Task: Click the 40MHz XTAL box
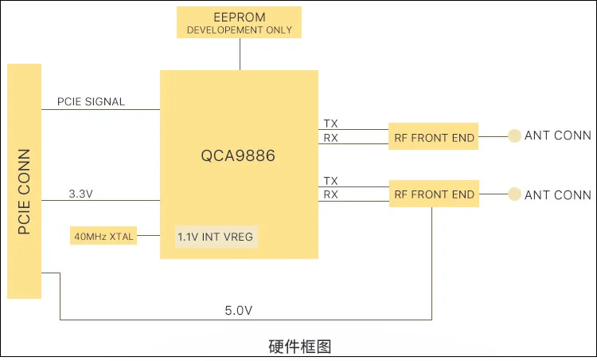click(x=103, y=237)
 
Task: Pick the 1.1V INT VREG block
click(x=217, y=237)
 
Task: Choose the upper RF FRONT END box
click(x=434, y=137)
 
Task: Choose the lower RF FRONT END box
click(x=434, y=194)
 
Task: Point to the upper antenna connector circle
click(x=515, y=136)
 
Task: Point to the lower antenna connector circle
click(x=515, y=194)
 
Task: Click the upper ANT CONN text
click(x=557, y=136)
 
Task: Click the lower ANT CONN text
click(x=557, y=194)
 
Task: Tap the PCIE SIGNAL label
click(x=91, y=102)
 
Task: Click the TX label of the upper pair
click(x=330, y=124)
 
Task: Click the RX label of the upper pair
click(x=330, y=138)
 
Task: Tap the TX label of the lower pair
click(x=330, y=181)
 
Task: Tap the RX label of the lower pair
click(x=330, y=194)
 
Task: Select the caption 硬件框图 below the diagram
click(x=299, y=347)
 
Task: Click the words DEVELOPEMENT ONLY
click(x=239, y=30)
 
